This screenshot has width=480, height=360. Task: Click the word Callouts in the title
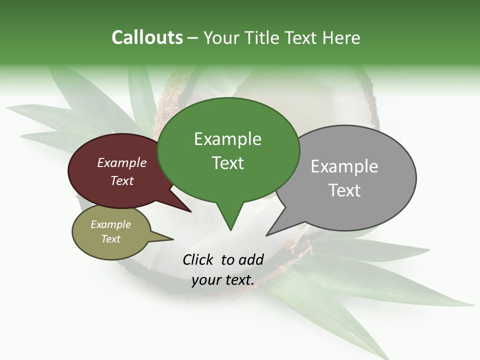click(x=147, y=37)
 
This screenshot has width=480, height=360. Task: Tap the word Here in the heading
click(x=339, y=37)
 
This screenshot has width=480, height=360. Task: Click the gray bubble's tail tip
click(x=267, y=235)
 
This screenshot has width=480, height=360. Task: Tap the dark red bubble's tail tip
click(x=191, y=211)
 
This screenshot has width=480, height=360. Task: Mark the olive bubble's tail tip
click(x=173, y=239)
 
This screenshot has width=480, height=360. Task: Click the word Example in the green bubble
click(x=227, y=139)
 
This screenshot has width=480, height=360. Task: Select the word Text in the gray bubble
click(x=344, y=190)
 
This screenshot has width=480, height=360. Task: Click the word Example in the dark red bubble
click(x=122, y=162)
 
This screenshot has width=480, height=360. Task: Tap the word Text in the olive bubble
click(x=111, y=239)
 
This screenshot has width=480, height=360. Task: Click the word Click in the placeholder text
click(x=198, y=259)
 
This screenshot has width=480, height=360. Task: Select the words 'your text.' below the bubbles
click(x=223, y=280)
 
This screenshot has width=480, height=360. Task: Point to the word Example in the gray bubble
click(x=344, y=166)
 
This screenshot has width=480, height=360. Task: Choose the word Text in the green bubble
click(x=227, y=163)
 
